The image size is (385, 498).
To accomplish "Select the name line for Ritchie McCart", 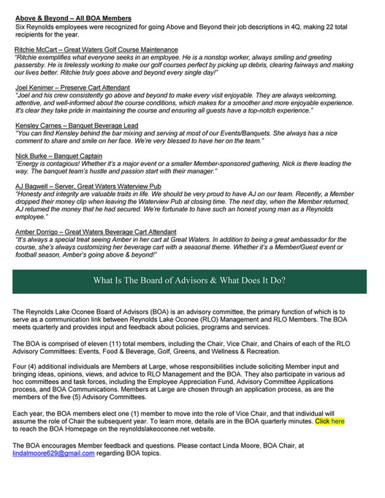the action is tap(96, 48).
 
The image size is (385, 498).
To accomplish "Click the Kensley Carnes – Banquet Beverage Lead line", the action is tap(77, 126).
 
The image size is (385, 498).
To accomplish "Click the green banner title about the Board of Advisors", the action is tap(189, 281).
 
